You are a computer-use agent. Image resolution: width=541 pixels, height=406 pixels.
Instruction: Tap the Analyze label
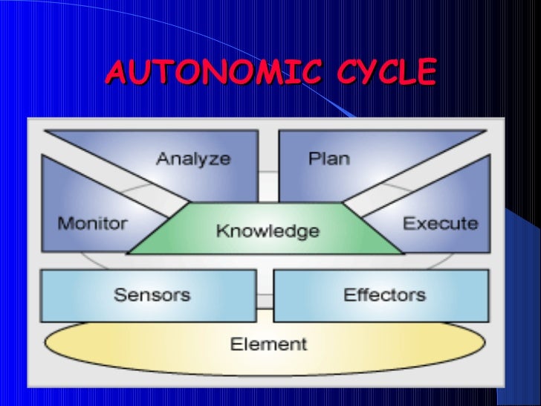point(193,158)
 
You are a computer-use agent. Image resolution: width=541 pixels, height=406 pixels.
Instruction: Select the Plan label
point(328,158)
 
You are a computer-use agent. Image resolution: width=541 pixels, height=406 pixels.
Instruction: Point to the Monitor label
point(93,223)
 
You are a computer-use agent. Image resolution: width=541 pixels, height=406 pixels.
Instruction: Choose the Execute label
point(440,223)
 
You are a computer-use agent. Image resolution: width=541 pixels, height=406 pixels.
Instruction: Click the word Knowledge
point(268,231)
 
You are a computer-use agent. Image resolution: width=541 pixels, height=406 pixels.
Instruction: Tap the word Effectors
point(384,294)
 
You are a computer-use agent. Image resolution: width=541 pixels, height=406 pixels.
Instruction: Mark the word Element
point(268,344)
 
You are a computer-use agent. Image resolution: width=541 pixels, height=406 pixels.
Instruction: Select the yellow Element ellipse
point(149,346)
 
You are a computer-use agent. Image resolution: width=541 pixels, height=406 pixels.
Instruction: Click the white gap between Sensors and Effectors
point(268,294)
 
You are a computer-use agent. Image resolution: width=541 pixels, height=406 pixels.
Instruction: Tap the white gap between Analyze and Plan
point(268,164)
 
